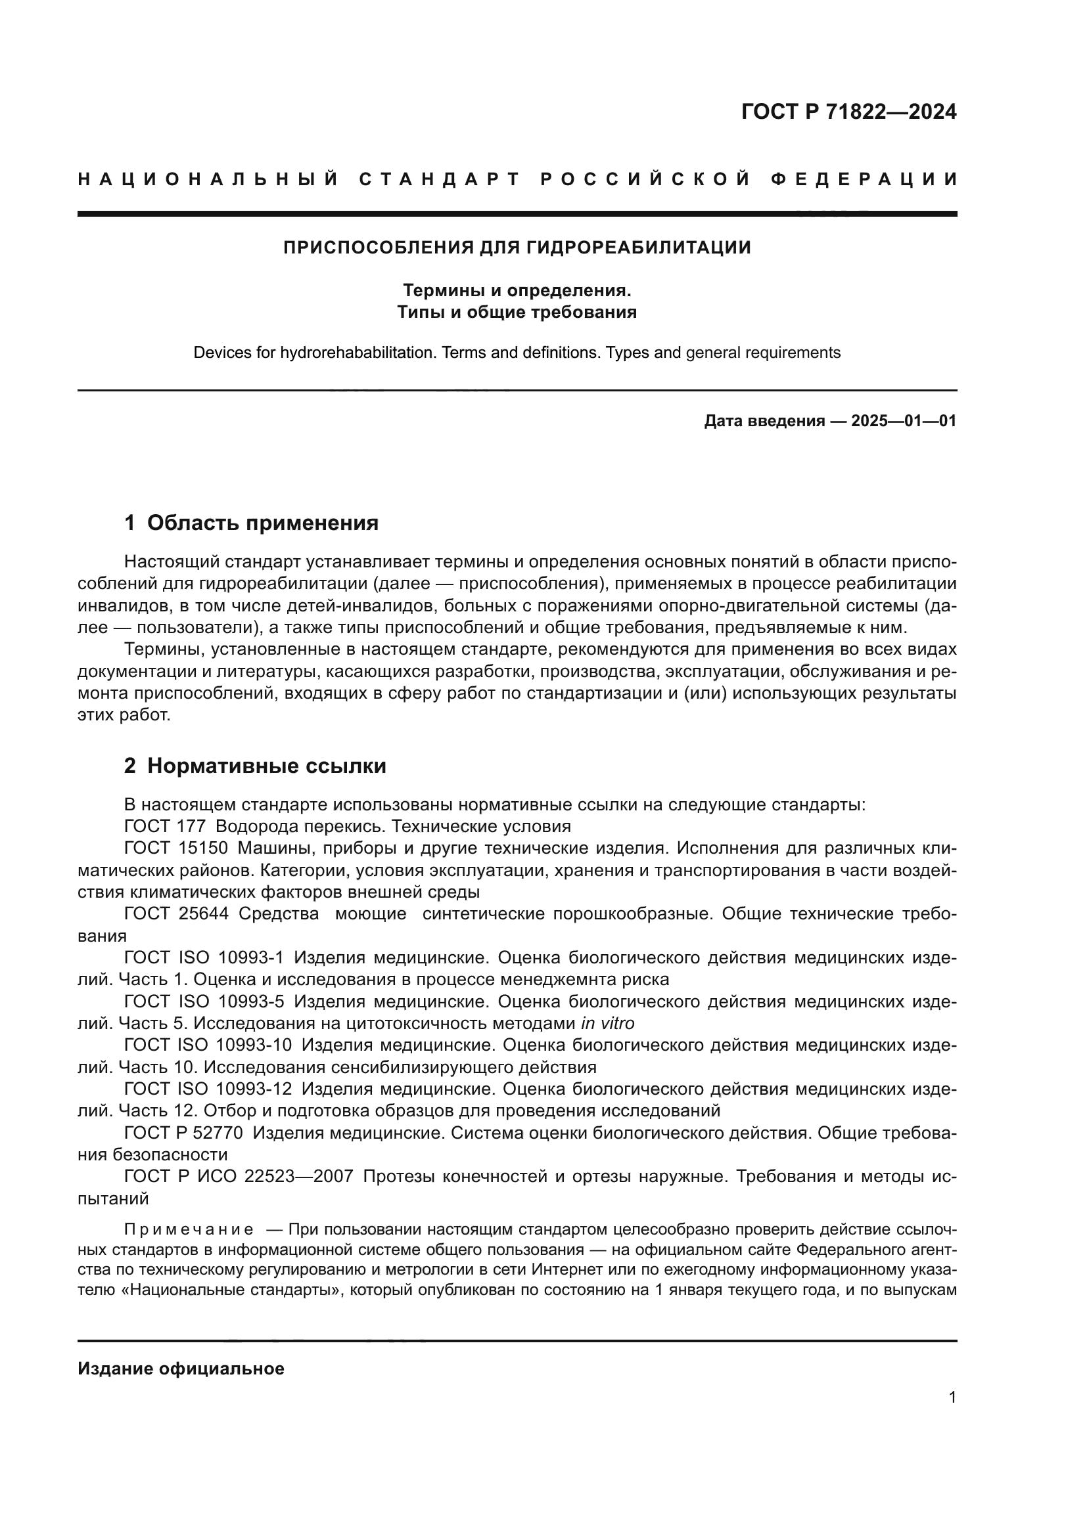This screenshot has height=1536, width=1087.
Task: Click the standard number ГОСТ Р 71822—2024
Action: (848, 112)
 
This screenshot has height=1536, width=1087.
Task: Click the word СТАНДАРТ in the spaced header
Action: (440, 179)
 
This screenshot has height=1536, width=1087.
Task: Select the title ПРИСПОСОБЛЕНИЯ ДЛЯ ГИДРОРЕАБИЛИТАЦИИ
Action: (517, 248)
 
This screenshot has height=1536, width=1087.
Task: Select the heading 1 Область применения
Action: (251, 523)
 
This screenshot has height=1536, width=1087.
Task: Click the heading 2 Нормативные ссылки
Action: (255, 766)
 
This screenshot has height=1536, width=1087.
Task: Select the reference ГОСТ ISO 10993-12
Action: (208, 1089)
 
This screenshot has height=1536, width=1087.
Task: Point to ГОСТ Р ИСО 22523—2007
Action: (239, 1176)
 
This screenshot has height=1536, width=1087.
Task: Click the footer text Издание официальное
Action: (181, 1369)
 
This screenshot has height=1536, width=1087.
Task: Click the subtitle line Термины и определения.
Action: (517, 291)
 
